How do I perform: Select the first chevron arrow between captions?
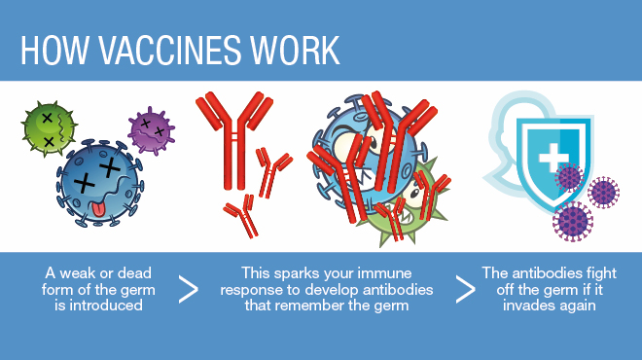(190, 288)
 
